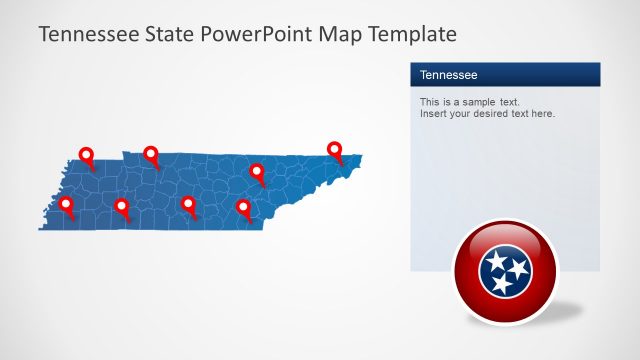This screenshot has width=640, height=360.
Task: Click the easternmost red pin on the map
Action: (335, 150)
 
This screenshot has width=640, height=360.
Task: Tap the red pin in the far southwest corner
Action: (67, 205)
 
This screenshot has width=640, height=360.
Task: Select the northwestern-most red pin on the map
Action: (86, 156)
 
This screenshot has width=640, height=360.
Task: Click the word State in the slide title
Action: (171, 34)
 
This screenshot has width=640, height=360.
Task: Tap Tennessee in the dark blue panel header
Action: (448, 75)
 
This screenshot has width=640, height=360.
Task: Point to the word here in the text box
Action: (543, 114)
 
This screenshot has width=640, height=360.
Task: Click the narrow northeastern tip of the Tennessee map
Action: (357, 157)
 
